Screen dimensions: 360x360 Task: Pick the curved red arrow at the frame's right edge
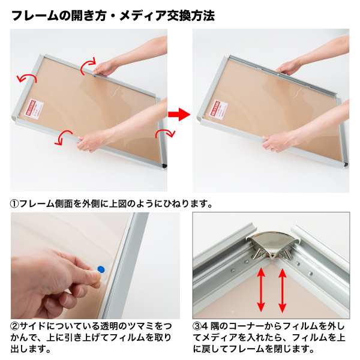click(161, 133)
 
